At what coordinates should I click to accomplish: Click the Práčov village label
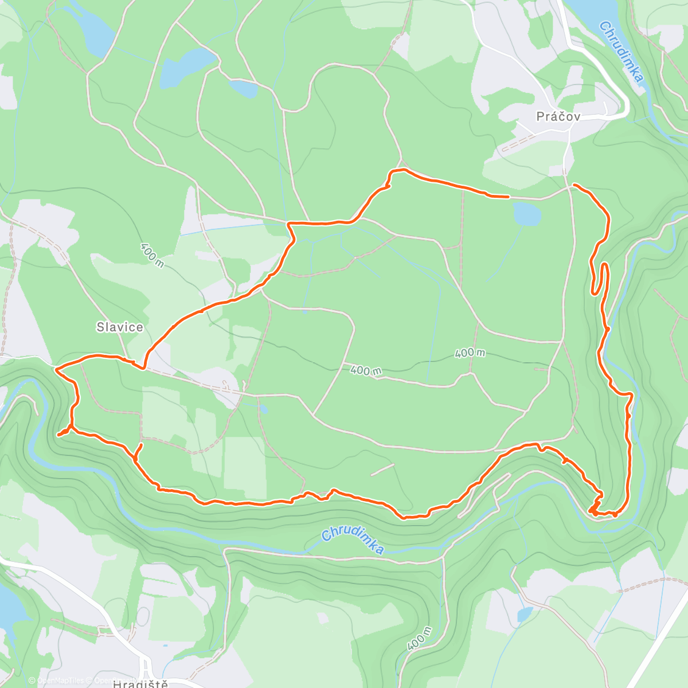[x=558, y=116]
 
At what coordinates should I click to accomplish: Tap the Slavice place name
[x=119, y=327]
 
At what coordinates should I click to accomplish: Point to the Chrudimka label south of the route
[x=353, y=541]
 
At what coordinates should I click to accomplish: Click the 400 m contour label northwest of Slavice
[x=151, y=255]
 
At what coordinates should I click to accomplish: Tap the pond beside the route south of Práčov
[x=527, y=214]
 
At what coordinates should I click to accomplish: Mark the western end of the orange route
[x=59, y=435]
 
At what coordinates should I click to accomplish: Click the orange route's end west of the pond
[x=507, y=196]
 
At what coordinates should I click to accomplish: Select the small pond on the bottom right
[x=524, y=614]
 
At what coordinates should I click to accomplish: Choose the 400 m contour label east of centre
[x=470, y=353]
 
